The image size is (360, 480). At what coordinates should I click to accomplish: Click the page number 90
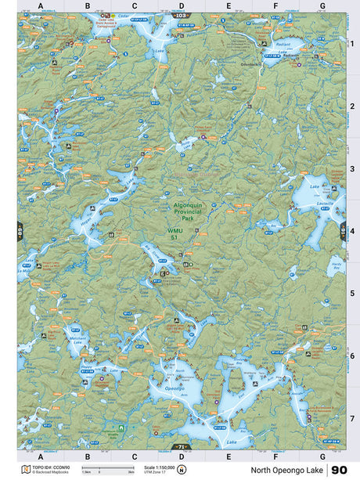(339, 470)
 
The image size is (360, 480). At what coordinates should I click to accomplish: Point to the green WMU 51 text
(175, 234)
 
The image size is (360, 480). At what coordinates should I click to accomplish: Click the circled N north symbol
(182, 470)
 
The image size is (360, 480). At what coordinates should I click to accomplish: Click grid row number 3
(352, 168)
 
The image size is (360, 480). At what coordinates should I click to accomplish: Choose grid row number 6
(352, 355)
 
